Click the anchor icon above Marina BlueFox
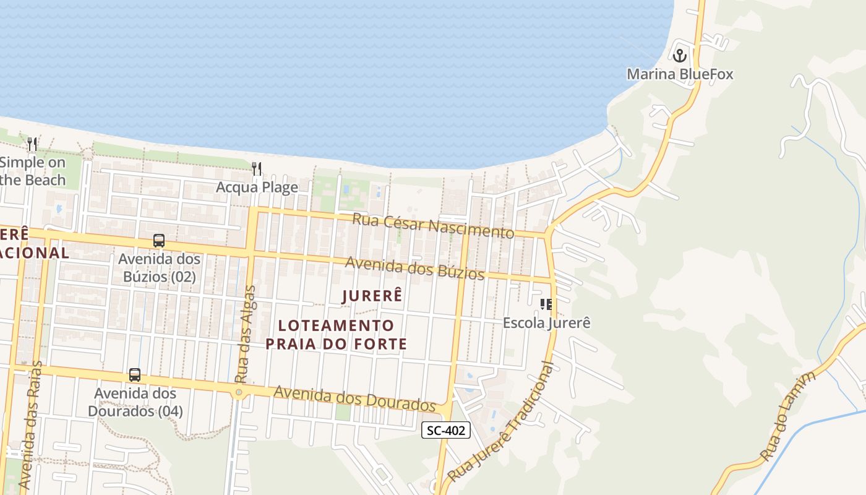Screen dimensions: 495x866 [680, 56]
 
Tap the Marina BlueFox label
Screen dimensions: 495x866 [680, 74]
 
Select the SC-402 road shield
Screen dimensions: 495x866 [446, 430]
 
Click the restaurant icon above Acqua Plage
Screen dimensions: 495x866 [257, 168]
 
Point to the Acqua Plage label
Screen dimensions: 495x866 [257, 187]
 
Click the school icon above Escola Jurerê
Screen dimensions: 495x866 [546, 304]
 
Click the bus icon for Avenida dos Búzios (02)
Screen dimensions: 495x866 [159, 241]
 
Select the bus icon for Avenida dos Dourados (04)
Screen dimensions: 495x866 [135, 375]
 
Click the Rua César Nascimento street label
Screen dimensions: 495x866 [433, 225]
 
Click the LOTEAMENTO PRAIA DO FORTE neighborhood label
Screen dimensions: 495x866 [337, 334]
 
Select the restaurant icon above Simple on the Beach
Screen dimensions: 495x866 [32, 144]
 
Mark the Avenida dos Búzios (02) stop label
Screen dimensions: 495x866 [159, 268]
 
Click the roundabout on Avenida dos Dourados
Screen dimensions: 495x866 [239, 392]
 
